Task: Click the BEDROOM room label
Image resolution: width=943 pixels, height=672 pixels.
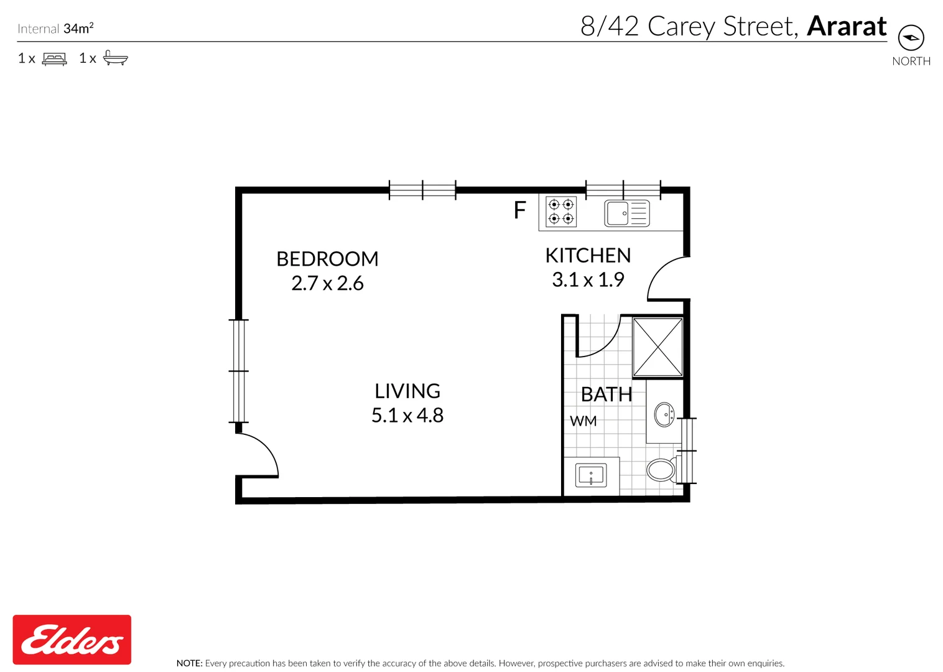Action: [x=327, y=259]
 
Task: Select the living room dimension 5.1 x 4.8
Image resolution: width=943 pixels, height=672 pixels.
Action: [x=407, y=415]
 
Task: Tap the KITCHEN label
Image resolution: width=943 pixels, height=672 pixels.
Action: [x=588, y=256]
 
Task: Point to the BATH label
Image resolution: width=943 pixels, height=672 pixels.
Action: [x=606, y=394]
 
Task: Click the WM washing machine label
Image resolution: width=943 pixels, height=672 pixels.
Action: [x=583, y=421]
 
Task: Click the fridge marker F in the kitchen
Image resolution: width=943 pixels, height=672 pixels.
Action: [x=520, y=211]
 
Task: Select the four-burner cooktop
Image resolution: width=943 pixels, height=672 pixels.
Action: [x=561, y=212]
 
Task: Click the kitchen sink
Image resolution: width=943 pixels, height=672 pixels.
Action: [x=626, y=213]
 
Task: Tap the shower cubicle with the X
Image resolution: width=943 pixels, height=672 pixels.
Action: [x=657, y=347]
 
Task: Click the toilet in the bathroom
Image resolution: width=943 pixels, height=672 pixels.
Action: [x=662, y=470]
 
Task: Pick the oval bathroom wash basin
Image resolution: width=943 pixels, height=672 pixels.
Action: [x=664, y=414]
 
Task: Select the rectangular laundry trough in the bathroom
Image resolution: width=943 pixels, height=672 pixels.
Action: [x=591, y=476]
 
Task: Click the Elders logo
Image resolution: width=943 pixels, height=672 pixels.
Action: [x=72, y=640]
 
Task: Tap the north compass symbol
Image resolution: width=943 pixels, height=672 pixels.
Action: [x=911, y=38]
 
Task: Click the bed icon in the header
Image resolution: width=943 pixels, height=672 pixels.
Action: [x=54, y=59]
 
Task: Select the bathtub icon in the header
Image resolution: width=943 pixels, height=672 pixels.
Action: [x=115, y=58]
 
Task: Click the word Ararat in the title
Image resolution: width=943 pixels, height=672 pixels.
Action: [x=846, y=27]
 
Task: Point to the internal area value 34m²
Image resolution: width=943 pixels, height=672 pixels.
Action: [x=78, y=29]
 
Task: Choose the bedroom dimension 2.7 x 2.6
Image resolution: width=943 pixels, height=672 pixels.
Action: [x=327, y=284]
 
